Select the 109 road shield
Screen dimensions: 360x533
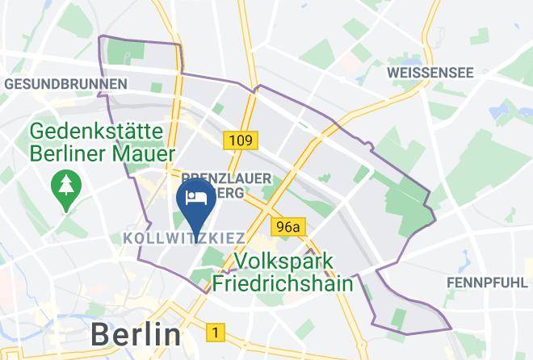(x=241, y=141)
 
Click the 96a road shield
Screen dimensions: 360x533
(x=290, y=227)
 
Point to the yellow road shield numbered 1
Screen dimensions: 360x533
(x=215, y=332)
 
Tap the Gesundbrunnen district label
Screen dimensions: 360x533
(x=66, y=84)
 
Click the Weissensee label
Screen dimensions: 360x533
(x=430, y=73)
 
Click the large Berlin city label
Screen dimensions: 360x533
(x=135, y=333)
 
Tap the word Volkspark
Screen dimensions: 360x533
(x=287, y=262)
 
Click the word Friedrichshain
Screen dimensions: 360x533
(x=283, y=283)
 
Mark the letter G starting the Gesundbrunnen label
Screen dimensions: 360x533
(x=10, y=84)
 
